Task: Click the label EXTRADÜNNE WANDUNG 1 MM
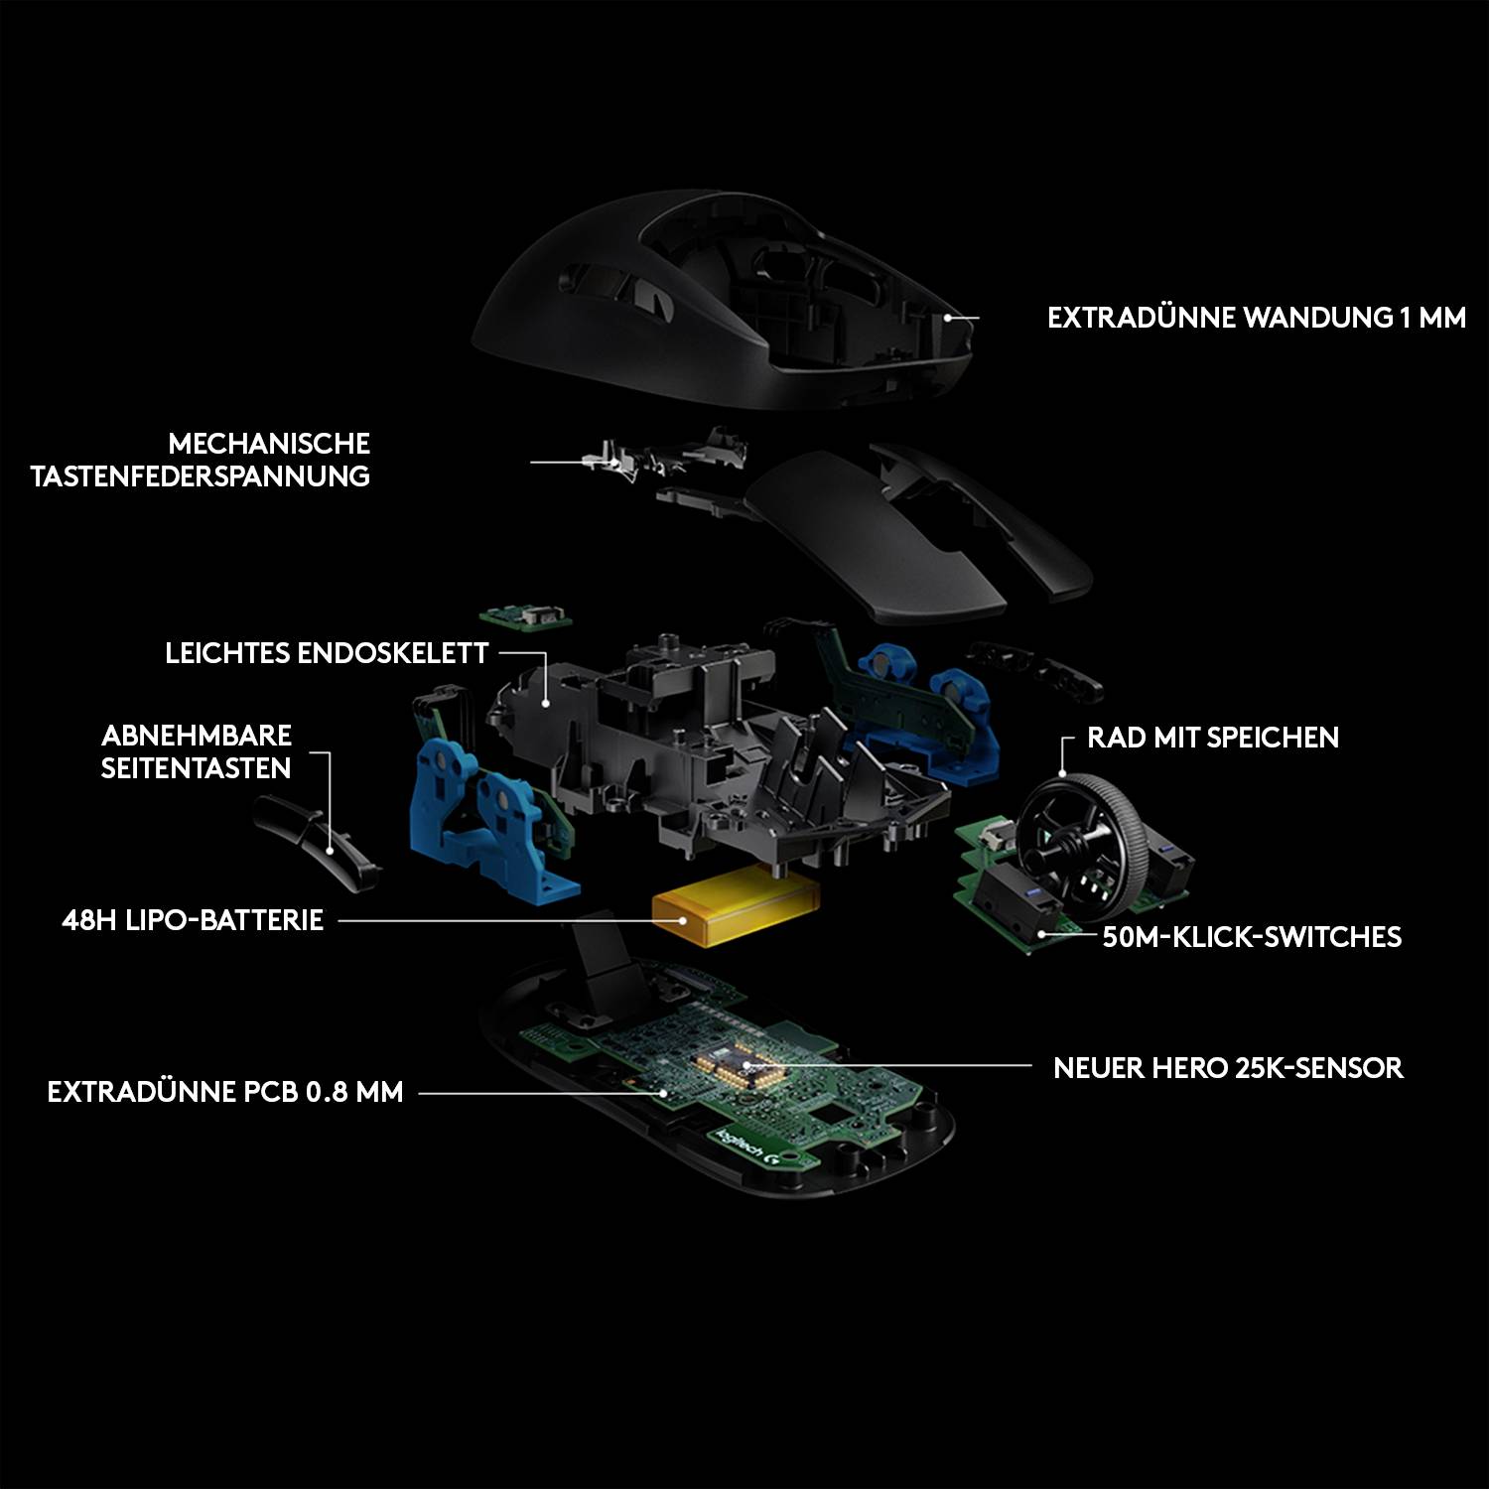pos(1256,318)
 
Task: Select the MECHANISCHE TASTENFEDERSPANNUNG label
pos(201,460)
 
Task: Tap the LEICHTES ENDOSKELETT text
pos(327,653)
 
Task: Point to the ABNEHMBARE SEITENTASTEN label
pos(197,751)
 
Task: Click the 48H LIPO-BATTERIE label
pos(193,920)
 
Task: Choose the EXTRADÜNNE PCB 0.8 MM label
pos(225,1092)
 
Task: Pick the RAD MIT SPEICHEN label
pos(1212,738)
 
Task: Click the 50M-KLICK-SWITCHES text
pos(1252,937)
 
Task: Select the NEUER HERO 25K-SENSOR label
pos(1228,1068)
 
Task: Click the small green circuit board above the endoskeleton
pos(525,615)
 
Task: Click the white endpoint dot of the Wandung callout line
pos(948,319)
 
